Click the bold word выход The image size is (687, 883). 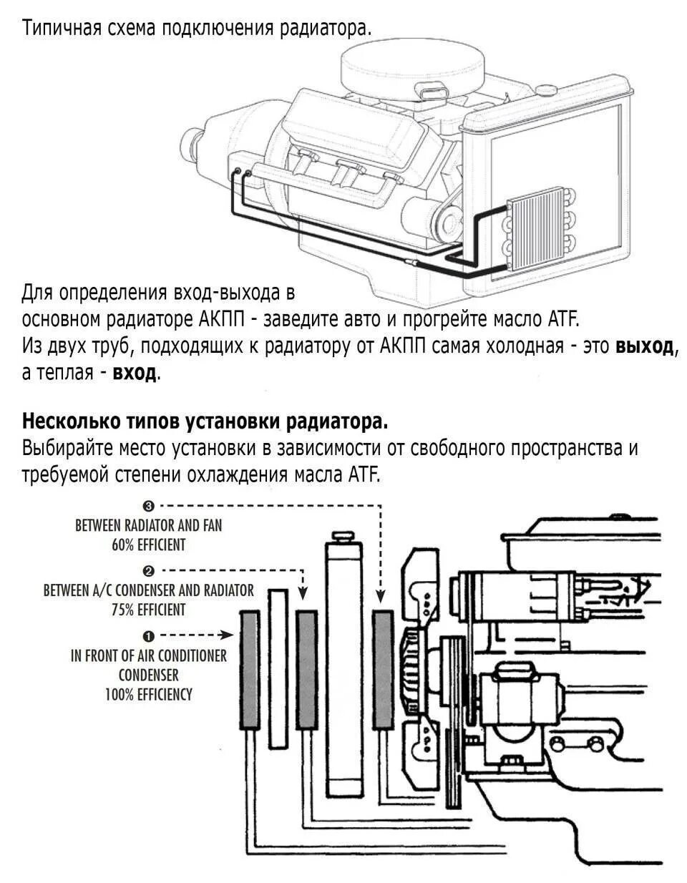(645, 346)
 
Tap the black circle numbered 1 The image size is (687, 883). (148, 635)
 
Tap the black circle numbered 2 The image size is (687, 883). (148, 571)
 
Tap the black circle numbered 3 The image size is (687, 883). (148, 507)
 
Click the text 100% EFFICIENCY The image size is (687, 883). (149, 694)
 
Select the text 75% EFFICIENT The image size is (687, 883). (148, 610)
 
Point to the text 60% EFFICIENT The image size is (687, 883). (148, 545)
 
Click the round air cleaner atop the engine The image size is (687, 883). (413, 64)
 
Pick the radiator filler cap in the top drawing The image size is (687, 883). (546, 90)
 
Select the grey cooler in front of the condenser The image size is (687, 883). (250, 670)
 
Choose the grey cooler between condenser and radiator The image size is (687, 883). (307, 670)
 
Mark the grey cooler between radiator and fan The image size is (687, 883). (383, 670)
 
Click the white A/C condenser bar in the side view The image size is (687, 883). (278, 668)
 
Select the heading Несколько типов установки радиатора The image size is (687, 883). (205, 421)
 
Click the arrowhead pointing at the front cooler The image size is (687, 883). (229, 635)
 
